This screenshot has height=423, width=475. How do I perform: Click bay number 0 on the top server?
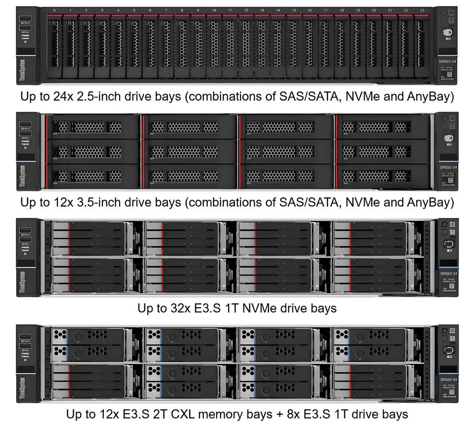54,10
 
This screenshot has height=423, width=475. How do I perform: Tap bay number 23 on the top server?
423,10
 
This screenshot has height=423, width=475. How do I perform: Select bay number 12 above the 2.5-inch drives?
246,10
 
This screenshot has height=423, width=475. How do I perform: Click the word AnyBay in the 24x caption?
430,96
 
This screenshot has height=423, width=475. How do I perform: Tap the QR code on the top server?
450,73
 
